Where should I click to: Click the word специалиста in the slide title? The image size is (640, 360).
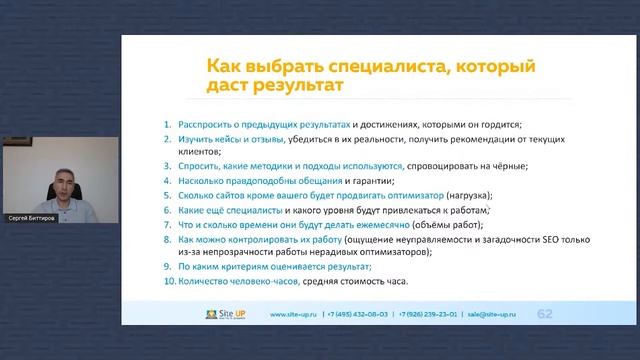tap(343, 66)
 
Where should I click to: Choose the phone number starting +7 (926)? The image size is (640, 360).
tap(431, 315)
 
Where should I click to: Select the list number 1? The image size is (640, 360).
tap(168, 124)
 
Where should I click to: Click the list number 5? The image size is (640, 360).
tap(168, 196)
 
